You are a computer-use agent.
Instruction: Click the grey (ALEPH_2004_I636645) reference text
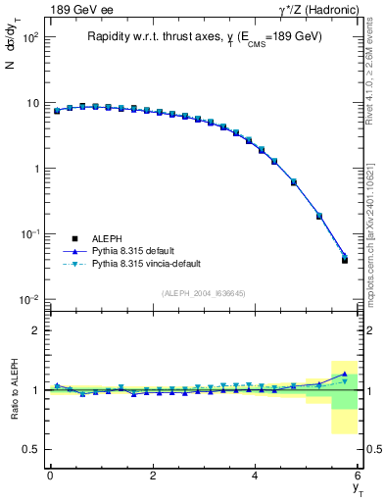pyautogui.click(x=203, y=293)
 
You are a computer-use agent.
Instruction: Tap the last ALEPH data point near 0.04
pyautogui.click(x=344, y=260)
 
